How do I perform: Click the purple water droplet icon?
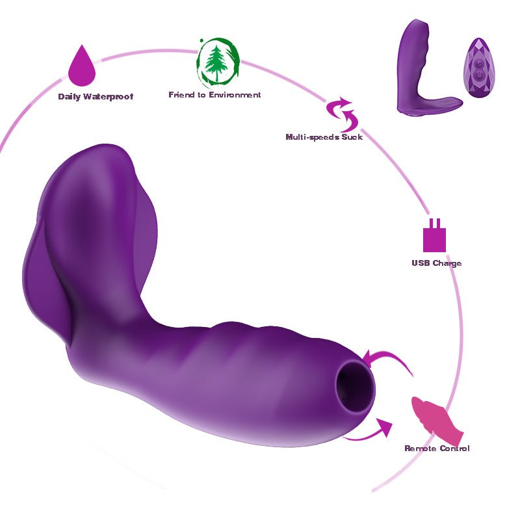(82, 66)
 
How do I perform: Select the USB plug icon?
(434, 235)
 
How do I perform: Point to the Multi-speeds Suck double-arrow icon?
(343, 114)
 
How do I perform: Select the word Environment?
(235, 95)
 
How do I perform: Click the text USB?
(421, 263)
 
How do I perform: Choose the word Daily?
(70, 97)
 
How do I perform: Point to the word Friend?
(181, 95)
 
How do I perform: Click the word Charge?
(447, 264)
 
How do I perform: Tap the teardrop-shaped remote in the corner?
(479, 68)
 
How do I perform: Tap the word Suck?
(352, 137)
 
